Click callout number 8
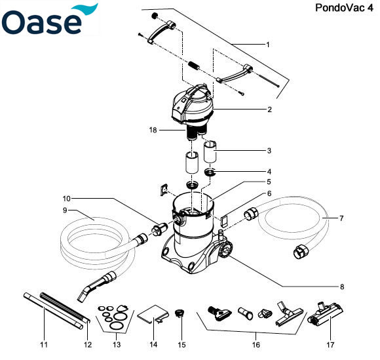point(341,287)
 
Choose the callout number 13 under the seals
point(115,344)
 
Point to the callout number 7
point(342,217)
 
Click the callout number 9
point(66,211)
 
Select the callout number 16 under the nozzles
point(256,344)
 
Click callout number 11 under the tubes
point(44,344)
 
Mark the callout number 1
point(268,45)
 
